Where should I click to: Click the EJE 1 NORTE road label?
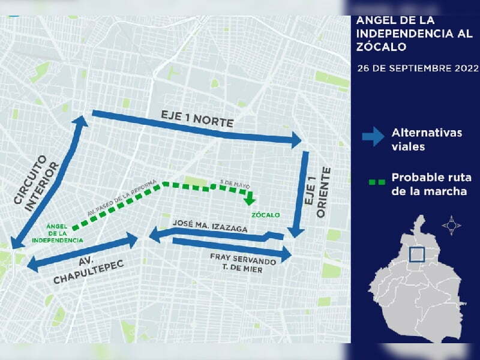click(197, 118)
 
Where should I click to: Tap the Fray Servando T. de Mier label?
click(243, 265)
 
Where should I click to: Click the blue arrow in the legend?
click(373, 137)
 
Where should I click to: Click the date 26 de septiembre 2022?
click(416, 67)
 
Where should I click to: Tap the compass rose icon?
click(451, 226)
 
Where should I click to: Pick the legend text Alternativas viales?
click(427, 139)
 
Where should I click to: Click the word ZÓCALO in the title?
click(382, 46)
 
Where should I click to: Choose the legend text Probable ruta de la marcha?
click(429, 185)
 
